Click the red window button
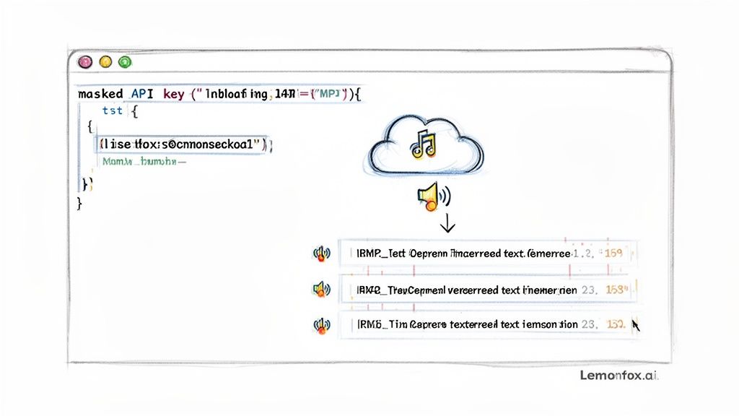tap(85, 63)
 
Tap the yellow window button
tap(105, 63)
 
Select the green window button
tap(125, 63)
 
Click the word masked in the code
tap(100, 95)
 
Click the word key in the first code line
tap(174, 95)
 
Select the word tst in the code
tap(112, 110)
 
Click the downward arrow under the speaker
tap(447, 224)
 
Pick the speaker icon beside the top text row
tap(321, 253)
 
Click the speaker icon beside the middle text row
tap(321, 290)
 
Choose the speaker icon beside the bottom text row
tap(321, 325)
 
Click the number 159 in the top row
tap(615, 253)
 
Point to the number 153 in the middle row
tap(616, 290)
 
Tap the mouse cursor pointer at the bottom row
tap(636, 325)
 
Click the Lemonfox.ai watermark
tap(619, 376)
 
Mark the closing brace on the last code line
tap(79, 203)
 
